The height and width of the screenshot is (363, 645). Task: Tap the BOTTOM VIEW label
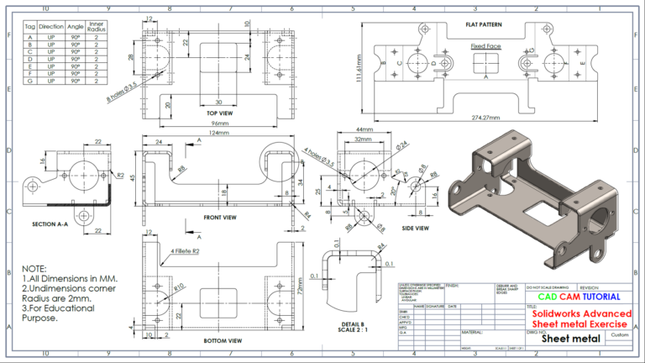[x=223, y=340]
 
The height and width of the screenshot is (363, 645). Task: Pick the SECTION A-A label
[x=50, y=224]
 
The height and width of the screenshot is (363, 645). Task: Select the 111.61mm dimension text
[x=359, y=71]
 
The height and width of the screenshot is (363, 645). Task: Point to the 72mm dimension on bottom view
[x=300, y=287]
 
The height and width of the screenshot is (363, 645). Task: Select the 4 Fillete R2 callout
[x=185, y=250]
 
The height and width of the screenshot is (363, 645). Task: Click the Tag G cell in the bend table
[x=30, y=81]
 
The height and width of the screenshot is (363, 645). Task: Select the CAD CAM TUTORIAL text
[x=579, y=297]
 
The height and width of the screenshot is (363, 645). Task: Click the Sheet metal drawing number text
[x=571, y=339]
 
